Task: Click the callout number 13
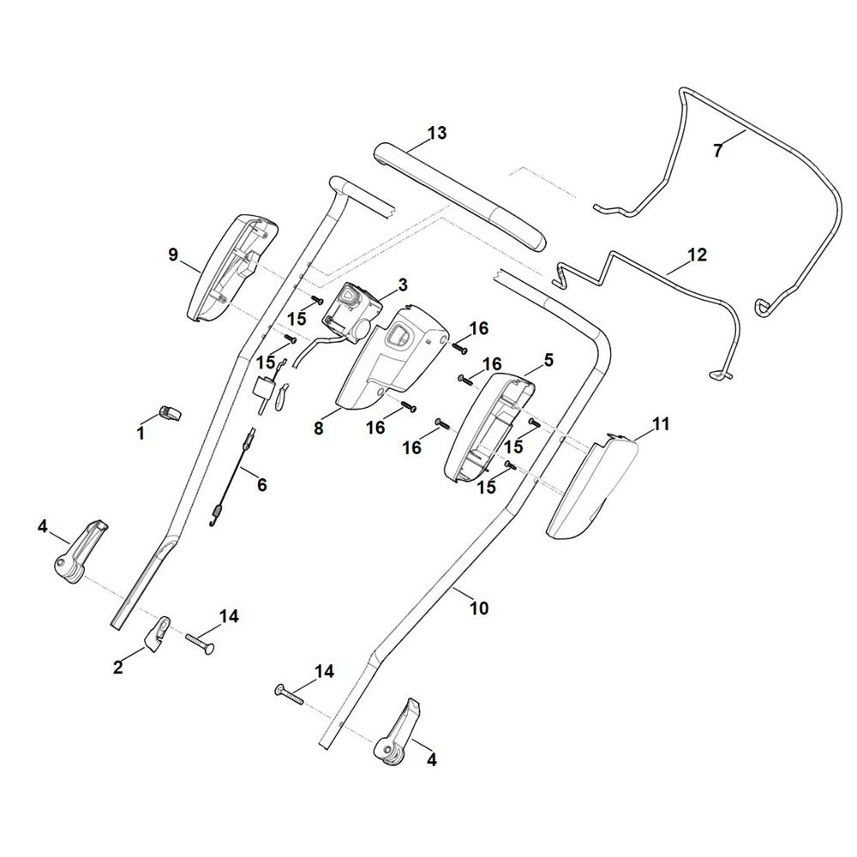[437, 133]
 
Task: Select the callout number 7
[717, 150]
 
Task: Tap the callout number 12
[697, 255]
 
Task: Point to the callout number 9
[173, 255]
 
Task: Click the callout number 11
[661, 423]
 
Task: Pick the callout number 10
[479, 608]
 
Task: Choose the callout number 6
[261, 484]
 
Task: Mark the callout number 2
[118, 668]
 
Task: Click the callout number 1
[141, 434]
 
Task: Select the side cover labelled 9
[232, 268]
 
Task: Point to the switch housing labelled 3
[352, 315]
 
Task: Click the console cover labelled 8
[391, 358]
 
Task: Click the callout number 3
[403, 285]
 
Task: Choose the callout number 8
[319, 428]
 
